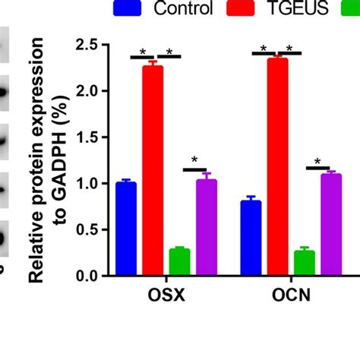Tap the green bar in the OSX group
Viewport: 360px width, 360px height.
point(179,262)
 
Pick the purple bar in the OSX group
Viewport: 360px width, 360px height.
point(206,228)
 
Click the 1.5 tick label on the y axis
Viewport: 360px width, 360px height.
point(85,137)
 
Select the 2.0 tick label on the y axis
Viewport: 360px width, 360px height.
point(85,91)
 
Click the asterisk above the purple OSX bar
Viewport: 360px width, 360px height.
point(194,159)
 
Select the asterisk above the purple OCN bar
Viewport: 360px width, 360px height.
point(317,161)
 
